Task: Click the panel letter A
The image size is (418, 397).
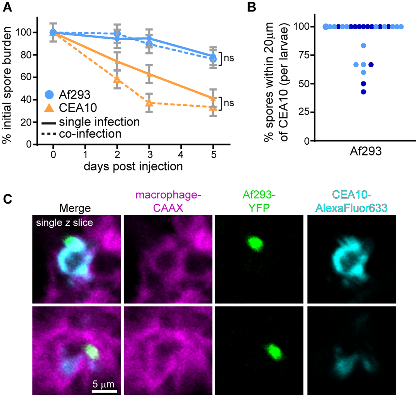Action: (x=7, y=7)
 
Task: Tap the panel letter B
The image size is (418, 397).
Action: (x=251, y=7)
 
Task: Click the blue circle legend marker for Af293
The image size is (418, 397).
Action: (x=49, y=95)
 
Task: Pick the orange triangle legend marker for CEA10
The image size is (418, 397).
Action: (x=49, y=107)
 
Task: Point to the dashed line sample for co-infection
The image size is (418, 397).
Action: (x=49, y=134)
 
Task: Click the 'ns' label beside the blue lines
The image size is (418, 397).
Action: (x=229, y=58)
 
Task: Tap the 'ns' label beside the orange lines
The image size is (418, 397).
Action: (x=229, y=103)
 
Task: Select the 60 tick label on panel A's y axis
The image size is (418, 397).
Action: (x=26, y=77)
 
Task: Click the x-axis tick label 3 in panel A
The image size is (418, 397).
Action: (x=150, y=154)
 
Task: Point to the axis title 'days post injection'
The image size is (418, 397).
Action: (x=133, y=166)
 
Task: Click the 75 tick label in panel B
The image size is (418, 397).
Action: (x=304, y=55)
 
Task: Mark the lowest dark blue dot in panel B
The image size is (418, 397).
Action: (x=363, y=92)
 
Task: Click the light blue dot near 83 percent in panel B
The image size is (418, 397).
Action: (x=363, y=46)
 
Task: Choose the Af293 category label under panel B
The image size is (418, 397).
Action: (x=366, y=151)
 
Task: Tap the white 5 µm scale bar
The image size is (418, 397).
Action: (x=104, y=391)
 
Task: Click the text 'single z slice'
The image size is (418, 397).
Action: (x=64, y=223)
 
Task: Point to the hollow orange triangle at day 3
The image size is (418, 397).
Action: (x=149, y=103)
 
